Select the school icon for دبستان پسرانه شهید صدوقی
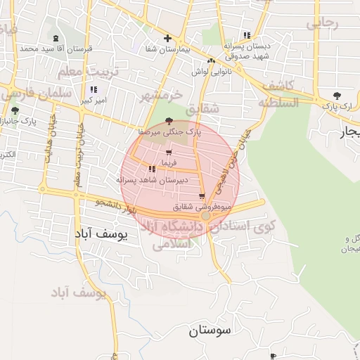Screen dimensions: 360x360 (246, 35)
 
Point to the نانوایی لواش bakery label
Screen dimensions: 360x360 (210, 71)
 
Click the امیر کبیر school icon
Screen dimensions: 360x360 (93, 90)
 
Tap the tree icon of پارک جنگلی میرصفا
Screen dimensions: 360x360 (169, 121)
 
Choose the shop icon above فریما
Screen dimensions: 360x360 (168, 153)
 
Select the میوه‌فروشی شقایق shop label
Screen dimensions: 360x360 (203, 207)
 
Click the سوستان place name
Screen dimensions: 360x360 (213, 331)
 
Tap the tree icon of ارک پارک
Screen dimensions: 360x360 (337, 96)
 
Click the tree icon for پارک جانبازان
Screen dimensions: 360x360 (15, 110)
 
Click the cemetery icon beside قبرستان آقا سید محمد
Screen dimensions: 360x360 (56, 38)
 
